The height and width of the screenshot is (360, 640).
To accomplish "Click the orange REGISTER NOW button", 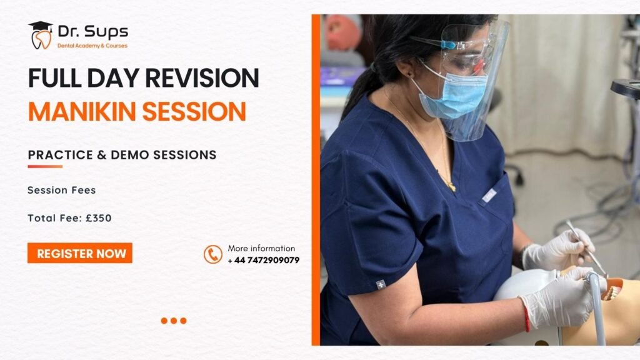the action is pos(80,253).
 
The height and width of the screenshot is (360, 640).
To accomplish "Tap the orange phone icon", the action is pos(213,254).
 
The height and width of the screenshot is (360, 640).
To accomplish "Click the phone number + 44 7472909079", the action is pos(264,260).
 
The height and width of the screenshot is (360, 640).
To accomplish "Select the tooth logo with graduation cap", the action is pos(41,35).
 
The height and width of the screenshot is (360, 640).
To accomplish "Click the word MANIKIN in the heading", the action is pos(82,111).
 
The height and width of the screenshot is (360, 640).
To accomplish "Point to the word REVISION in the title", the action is pos(202,77).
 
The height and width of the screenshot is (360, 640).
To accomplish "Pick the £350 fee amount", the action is pos(98,218).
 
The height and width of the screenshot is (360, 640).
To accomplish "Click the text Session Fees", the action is pos(62,190).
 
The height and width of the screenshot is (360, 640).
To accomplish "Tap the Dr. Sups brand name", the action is pos(92,31).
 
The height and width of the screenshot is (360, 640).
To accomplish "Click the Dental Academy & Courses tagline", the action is pos(92,46).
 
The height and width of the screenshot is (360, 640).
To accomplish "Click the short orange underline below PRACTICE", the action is pos(45,166).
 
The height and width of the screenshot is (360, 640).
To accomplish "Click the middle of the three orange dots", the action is pos(174,321).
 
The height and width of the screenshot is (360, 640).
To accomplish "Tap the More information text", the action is pos(261,248).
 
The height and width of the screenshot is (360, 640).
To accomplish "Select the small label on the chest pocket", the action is pos(489,196).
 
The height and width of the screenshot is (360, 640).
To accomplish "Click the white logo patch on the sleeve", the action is pos(381,284).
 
